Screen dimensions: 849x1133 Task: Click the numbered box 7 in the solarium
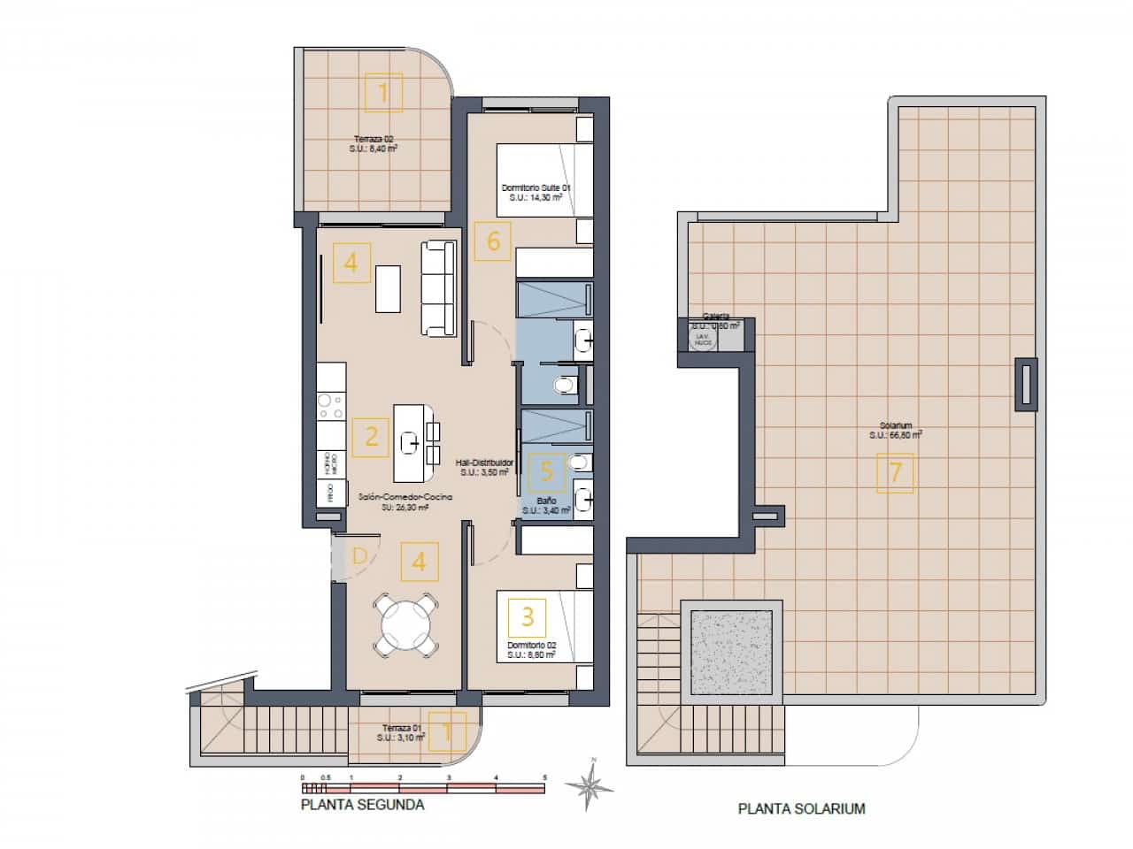[895, 472]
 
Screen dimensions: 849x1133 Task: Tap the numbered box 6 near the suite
[493, 241]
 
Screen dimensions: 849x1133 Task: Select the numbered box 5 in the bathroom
[546, 472]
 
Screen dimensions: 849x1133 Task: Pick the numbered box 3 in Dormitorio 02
[528, 615]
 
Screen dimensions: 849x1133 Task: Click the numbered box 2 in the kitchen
[371, 437]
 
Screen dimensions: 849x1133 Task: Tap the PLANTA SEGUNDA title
[363, 805]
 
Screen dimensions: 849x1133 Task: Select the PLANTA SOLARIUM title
[801, 808]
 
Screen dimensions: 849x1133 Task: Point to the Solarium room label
[896, 430]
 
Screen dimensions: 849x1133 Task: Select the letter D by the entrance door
[359, 556]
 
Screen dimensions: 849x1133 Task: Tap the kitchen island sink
[410, 440]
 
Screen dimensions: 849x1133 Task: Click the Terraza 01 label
[401, 730]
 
